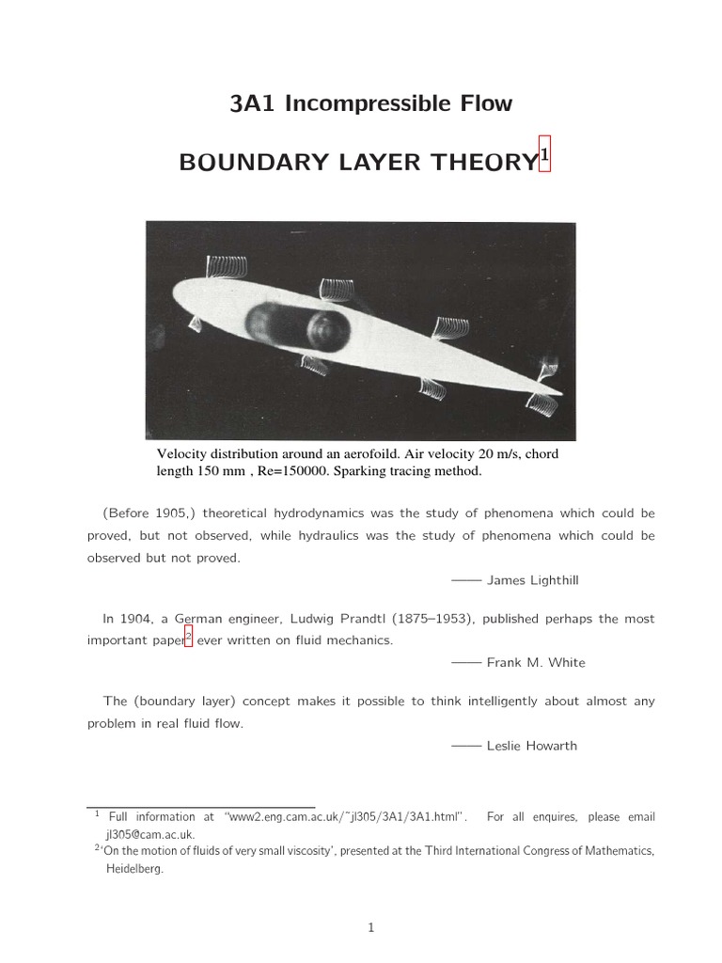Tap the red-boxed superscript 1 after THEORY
(x=542, y=153)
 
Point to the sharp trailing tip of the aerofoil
(x=561, y=392)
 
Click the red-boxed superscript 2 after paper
(x=188, y=638)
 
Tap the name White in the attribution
(x=566, y=663)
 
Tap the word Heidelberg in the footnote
(x=133, y=870)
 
